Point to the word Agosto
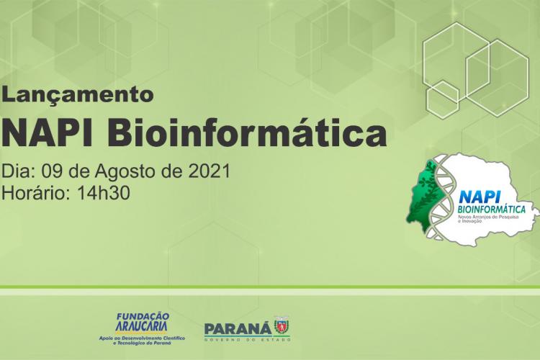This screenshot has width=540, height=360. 117,173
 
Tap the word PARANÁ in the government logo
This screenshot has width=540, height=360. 238,327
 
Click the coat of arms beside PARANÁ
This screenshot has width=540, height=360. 281,326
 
